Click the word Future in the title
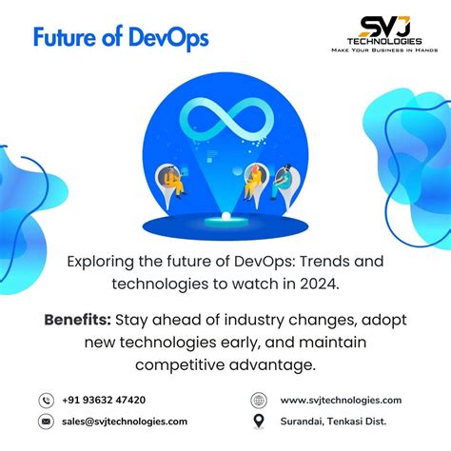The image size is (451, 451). pyautogui.click(x=64, y=39)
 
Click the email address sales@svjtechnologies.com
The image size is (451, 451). pyautogui.click(x=125, y=421)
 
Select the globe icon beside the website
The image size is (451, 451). pyautogui.click(x=259, y=401)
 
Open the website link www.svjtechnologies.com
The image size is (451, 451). pyautogui.click(x=341, y=401)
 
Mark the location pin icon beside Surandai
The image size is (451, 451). pyautogui.click(x=259, y=421)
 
